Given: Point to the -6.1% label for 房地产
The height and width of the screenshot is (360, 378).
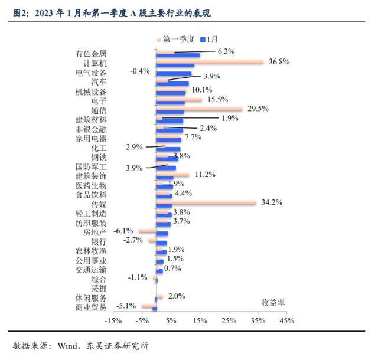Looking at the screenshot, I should click(x=123, y=231).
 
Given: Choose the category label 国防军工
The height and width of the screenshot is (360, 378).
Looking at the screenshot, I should click(x=91, y=167).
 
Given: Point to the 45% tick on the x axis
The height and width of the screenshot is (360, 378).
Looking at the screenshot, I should click(x=286, y=321).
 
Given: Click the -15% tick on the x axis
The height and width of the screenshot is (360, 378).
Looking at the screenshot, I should click(x=113, y=321).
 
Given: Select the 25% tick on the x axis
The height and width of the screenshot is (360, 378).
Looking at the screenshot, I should click(x=229, y=321).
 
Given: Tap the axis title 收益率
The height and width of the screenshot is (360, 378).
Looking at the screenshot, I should click(x=273, y=302).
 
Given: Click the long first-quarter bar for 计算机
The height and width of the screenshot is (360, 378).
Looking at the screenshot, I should click(x=209, y=61).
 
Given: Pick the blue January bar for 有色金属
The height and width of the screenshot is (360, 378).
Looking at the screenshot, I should click(x=177, y=55).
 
